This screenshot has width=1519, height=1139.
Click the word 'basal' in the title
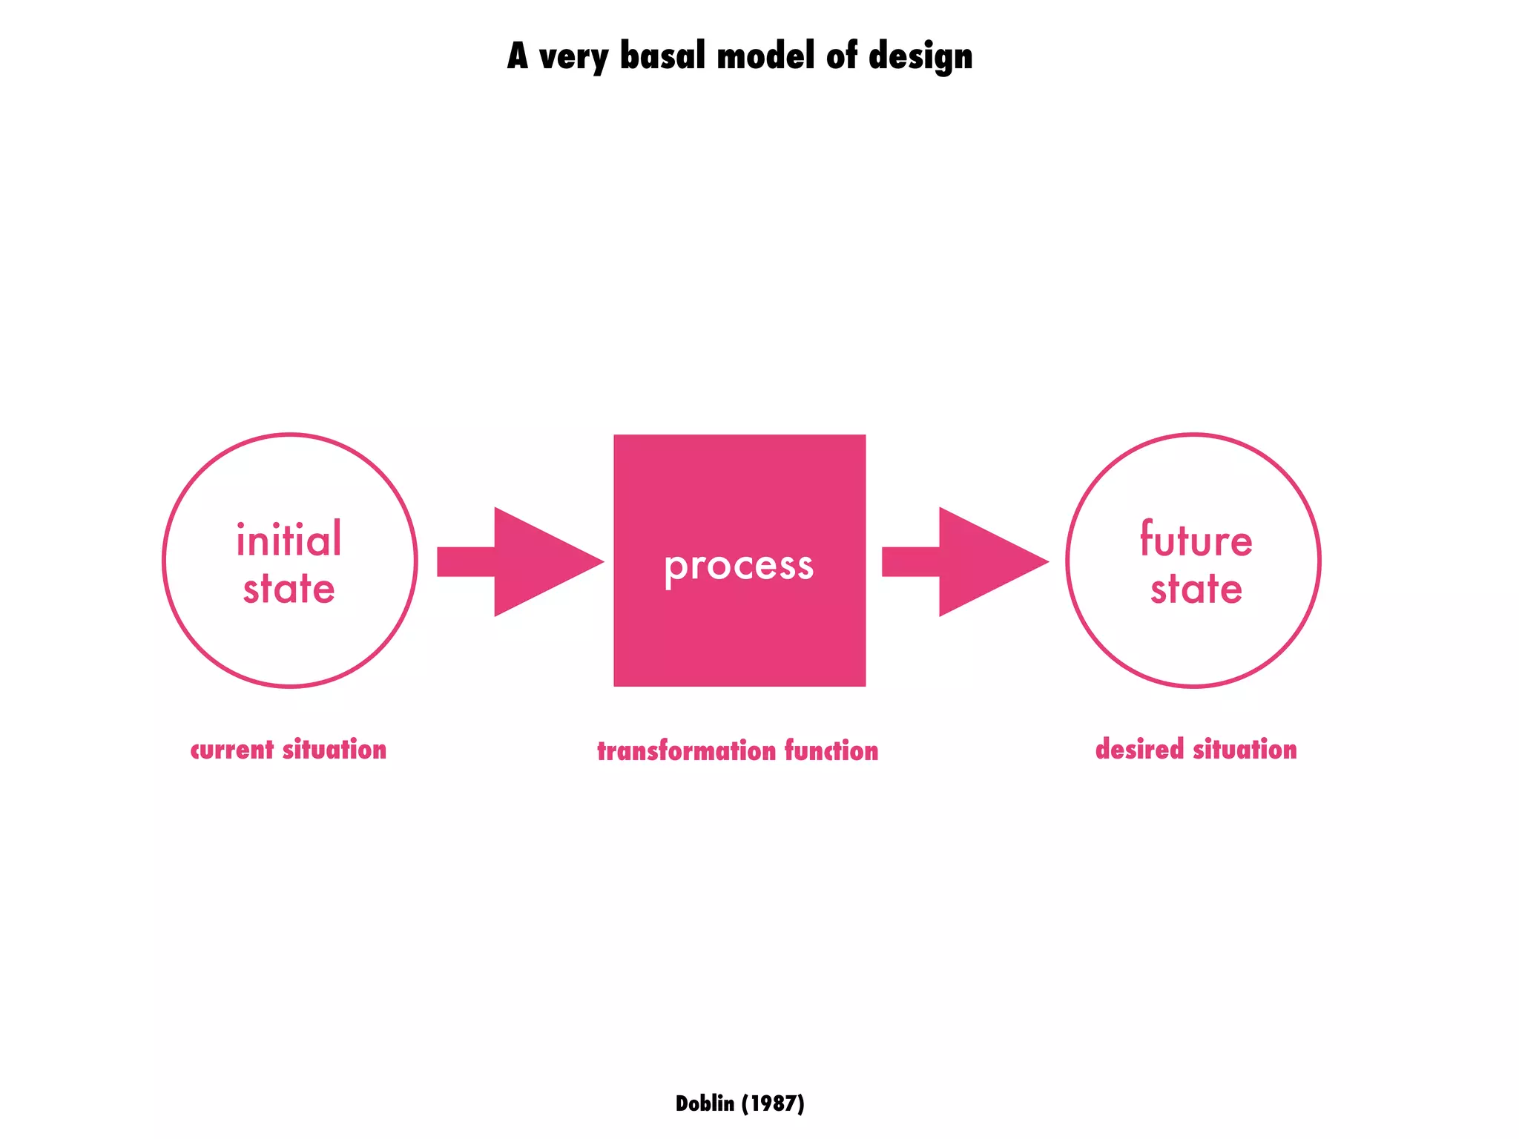coord(662,56)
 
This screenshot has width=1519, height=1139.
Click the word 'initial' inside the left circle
coord(289,539)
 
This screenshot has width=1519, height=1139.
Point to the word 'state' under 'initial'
coord(289,589)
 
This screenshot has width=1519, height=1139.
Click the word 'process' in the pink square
coord(739,567)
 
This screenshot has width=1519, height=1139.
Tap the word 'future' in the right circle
coord(1196,539)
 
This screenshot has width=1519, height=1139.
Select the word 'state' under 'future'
coord(1196,589)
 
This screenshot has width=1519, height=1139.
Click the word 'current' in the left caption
coord(232,750)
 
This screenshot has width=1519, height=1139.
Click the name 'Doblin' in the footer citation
coord(705,1103)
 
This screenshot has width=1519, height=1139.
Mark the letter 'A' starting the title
coord(518,56)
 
